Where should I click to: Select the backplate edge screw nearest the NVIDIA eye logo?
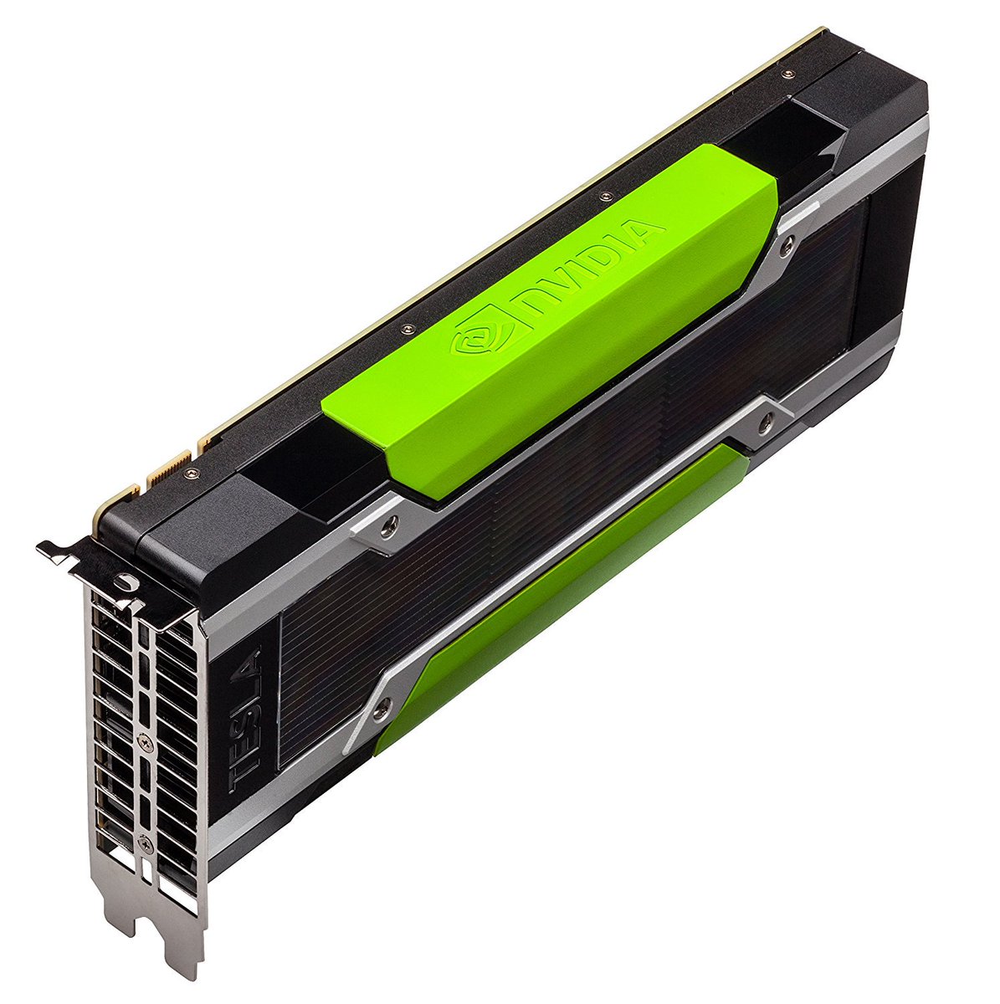point(408,329)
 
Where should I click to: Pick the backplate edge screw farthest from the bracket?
point(786,74)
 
